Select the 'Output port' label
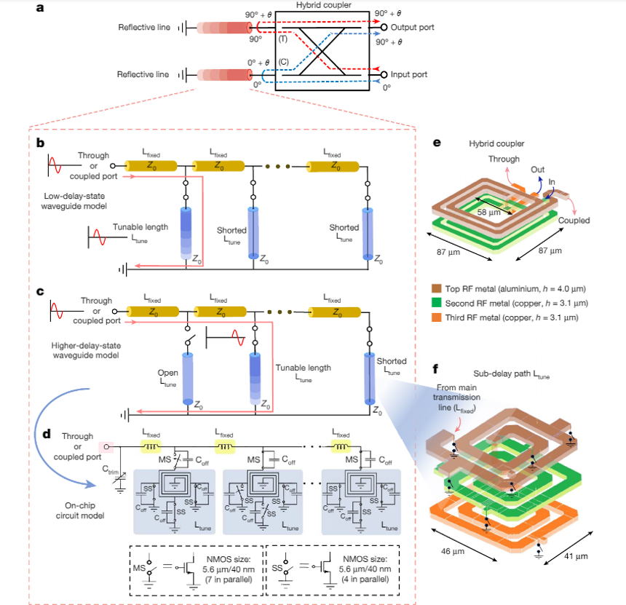[413, 27]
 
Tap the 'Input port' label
[409, 74]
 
